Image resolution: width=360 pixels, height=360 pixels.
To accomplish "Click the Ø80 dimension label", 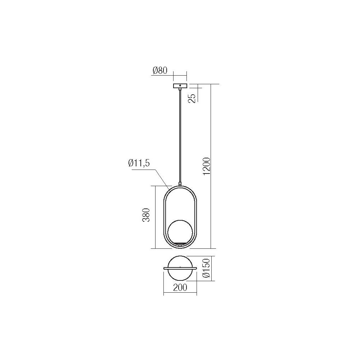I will point(160,71).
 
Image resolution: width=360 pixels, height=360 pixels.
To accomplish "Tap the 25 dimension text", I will point(192,98).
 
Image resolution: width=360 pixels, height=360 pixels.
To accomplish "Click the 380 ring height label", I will point(146,216).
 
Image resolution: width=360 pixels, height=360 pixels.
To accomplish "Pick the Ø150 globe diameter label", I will point(206,269).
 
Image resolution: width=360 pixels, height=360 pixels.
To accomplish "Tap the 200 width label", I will point(180,287).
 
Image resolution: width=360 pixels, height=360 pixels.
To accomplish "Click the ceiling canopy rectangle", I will point(180,86).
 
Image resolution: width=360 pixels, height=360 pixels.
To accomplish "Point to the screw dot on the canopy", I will point(180,86).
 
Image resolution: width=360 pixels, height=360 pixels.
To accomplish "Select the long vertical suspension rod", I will point(180,137).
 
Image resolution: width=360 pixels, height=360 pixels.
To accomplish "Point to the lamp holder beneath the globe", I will point(180,245).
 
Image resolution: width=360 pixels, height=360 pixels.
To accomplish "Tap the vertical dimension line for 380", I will point(154,216).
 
